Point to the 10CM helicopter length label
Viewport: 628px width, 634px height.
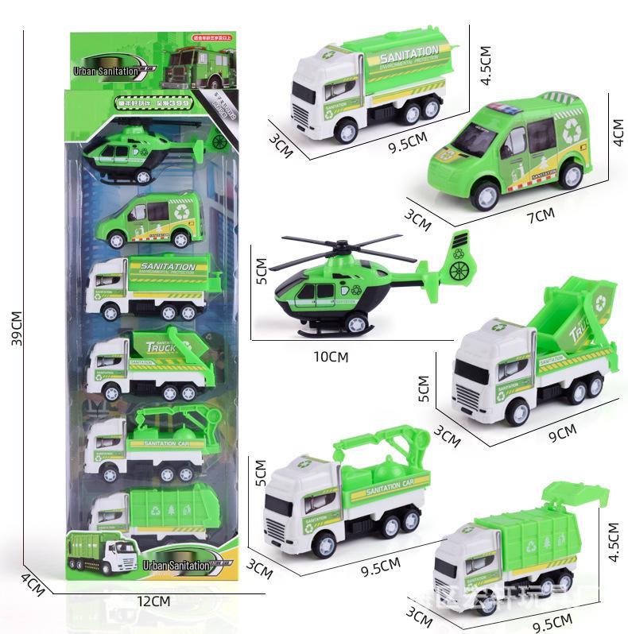click(331, 357)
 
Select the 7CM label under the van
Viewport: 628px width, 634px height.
click(541, 215)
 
